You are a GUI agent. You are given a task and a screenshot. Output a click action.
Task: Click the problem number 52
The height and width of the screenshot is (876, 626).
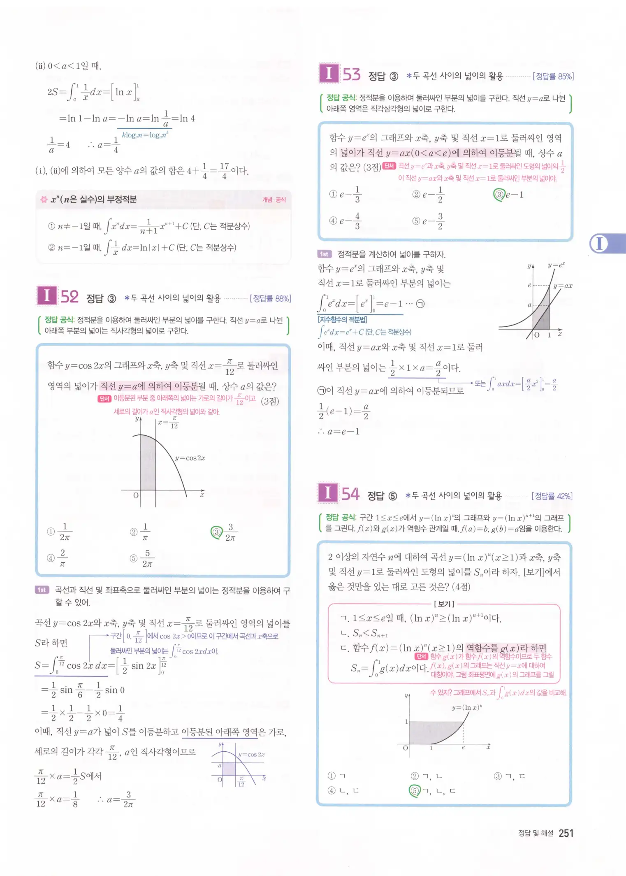pos(70,297)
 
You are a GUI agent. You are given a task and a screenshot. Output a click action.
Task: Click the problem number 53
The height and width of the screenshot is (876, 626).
pos(352,74)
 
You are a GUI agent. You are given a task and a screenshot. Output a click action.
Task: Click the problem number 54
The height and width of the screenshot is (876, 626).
pos(350,494)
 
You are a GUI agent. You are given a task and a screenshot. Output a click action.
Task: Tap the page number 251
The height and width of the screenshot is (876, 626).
pos(566,834)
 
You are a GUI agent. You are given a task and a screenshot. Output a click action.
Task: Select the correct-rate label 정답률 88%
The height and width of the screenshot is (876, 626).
pos(271,298)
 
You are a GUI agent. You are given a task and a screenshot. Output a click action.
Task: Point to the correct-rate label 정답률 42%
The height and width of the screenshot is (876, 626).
pos(552,496)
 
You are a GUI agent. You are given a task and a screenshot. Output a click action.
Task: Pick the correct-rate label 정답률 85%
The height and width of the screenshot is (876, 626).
pos(553,76)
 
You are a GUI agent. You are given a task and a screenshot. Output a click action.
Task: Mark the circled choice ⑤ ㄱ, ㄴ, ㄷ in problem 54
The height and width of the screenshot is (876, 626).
pos(432,790)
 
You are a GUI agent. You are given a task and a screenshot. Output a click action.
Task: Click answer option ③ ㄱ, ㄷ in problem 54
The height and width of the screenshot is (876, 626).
pos(510,776)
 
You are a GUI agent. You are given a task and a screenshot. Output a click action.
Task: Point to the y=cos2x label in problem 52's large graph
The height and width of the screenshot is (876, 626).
pos(190,458)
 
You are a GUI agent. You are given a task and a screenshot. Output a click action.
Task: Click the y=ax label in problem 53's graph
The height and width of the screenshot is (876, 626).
pos(563,286)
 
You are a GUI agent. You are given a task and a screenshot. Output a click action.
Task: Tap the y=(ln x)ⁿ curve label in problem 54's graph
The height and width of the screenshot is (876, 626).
pos(467,708)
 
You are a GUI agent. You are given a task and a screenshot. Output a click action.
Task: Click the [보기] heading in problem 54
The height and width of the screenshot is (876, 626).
pos(444,604)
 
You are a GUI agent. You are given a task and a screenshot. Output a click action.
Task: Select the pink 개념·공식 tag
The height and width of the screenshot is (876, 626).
pos(274,200)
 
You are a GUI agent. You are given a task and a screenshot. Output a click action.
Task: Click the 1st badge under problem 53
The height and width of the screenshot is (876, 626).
pos(325,254)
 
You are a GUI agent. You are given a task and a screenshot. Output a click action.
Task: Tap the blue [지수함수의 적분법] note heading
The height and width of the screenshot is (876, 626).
pos(342,319)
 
